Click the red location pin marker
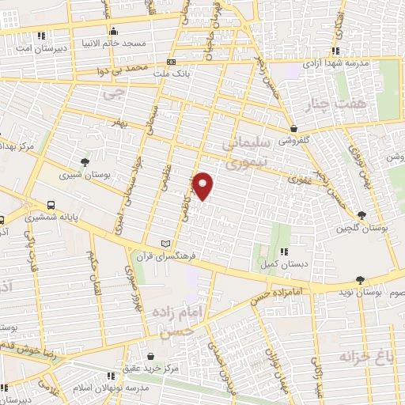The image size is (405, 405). pyautogui.click(x=203, y=185)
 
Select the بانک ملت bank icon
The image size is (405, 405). pyautogui.click(x=172, y=62)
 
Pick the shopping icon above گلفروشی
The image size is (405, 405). pyautogui.click(x=294, y=127)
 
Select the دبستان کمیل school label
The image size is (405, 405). pyautogui.click(x=276, y=266)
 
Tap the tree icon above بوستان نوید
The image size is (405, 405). pyautogui.click(x=361, y=280)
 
